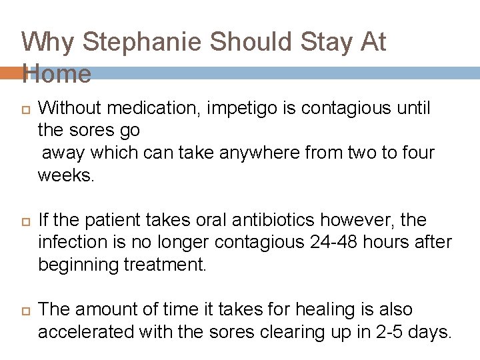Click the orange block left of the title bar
11,73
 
